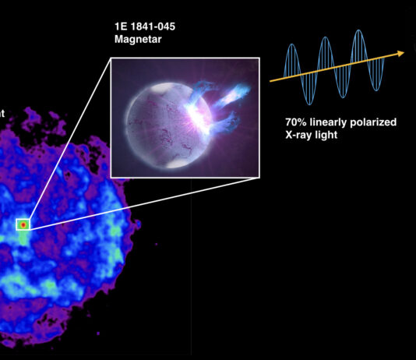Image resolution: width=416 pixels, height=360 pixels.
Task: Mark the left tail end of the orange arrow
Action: pos(270,81)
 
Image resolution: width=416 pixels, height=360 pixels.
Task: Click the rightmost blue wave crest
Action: pos(358,31)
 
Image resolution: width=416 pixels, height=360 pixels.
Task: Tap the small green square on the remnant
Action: pos(23,224)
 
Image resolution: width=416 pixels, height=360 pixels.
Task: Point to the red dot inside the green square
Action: pos(23,224)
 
